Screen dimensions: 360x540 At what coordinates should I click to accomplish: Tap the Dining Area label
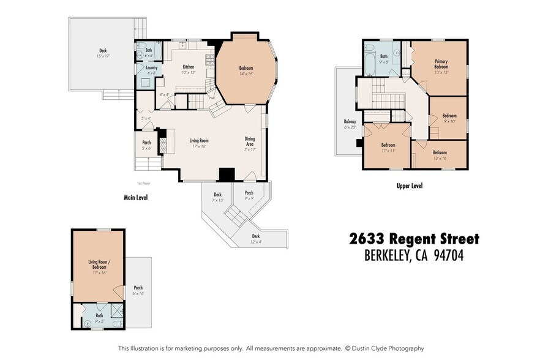(x=250, y=141)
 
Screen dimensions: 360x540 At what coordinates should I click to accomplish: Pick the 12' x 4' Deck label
(x=256, y=239)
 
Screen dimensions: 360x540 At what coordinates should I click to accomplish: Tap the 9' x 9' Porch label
(x=249, y=195)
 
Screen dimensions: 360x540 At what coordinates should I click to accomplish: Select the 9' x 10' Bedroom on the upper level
(x=449, y=118)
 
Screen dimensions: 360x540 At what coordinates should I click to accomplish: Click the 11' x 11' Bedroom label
(x=388, y=148)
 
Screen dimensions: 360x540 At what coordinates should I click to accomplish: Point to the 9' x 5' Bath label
(x=99, y=318)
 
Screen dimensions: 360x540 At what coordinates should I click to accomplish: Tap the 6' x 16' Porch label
(x=138, y=290)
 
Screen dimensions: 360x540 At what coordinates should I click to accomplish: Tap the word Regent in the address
(x=416, y=239)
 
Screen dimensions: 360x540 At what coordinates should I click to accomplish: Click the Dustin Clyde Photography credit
(x=387, y=348)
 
